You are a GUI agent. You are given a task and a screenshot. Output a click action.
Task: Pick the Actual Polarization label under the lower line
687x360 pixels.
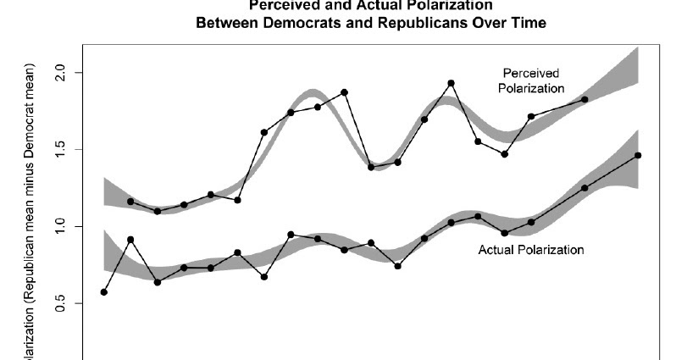click(531, 250)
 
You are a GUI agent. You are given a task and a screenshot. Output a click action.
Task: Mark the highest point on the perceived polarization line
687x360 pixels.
click(451, 83)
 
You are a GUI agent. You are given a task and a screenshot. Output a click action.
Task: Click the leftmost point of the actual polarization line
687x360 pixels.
click(104, 292)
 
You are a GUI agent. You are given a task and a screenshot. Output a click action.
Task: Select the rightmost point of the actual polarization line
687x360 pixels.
click(638, 155)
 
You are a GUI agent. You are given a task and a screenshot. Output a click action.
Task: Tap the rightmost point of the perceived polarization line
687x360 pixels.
click(585, 99)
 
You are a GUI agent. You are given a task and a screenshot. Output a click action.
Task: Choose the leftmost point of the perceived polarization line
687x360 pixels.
click(130, 202)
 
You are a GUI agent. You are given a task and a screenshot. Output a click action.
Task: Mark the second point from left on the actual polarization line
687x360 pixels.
click(130, 240)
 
